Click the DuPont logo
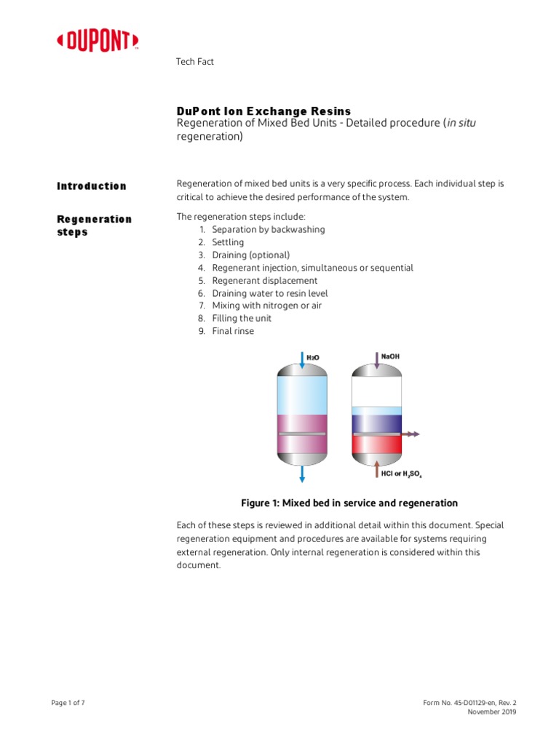point(98,42)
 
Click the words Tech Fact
point(195,62)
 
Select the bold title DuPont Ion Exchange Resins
point(263,111)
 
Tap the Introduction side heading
point(92,186)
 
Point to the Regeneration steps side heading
point(94,226)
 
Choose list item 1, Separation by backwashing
point(268,229)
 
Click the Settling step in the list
point(228,242)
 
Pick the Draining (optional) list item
point(250,255)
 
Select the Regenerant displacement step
point(264,280)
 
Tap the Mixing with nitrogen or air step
point(266,306)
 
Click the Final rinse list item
point(233,331)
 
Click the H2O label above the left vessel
point(312,357)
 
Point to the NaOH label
point(390,356)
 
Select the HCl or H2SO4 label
point(401,474)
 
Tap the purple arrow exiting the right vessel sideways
point(411,434)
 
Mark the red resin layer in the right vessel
point(376,445)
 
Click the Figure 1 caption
point(349,503)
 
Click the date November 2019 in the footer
point(491,712)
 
